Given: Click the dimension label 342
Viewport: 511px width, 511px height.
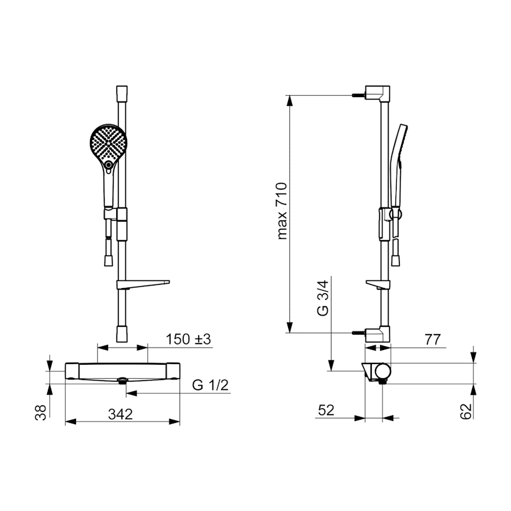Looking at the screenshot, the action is (120, 414).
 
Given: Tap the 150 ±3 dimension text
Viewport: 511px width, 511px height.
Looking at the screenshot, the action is (188, 339).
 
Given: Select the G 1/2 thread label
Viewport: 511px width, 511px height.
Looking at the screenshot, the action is (210, 385).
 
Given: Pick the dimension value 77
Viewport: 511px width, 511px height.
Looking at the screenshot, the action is (433, 340).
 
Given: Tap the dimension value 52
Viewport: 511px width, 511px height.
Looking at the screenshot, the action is (326, 410).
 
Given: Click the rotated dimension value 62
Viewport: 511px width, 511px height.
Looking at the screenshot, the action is (466, 411).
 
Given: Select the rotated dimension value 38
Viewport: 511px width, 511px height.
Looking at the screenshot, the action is (41, 413).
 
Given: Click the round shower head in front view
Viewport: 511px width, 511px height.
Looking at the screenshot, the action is (108, 142).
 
